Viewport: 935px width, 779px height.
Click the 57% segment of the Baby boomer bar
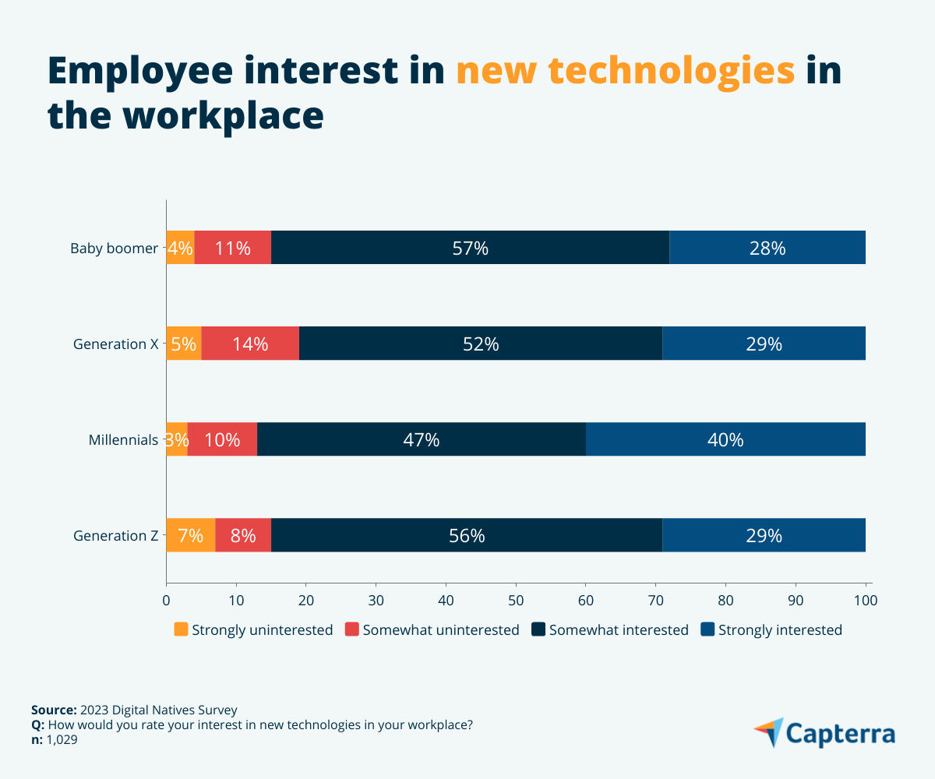[x=470, y=248]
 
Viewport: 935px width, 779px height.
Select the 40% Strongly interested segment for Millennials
[x=725, y=439]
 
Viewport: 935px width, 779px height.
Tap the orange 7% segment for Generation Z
[x=190, y=535]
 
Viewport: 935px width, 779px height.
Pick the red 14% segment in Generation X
[x=250, y=344]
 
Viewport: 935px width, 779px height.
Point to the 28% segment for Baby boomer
[x=767, y=248]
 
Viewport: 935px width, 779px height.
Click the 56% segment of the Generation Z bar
[x=467, y=535]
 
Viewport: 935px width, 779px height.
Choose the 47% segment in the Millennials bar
[x=421, y=439]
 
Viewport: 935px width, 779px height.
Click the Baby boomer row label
[x=114, y=249]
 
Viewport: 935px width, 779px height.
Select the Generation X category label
[x=115, y=344]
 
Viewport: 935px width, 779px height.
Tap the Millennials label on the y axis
[x=123, y=440]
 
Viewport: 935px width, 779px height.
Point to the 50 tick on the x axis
[x=516, y=601]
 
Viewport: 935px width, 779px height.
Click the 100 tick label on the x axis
[x=865, y=601]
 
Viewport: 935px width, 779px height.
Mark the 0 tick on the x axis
[x=166, y=601]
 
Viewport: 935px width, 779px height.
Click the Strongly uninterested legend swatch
[x=181, y=629]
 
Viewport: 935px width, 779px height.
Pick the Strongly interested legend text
[x=780, y=630]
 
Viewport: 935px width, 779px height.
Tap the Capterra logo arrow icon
[x=769, y=732]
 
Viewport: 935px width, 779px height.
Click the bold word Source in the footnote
[x=53, y=710]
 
